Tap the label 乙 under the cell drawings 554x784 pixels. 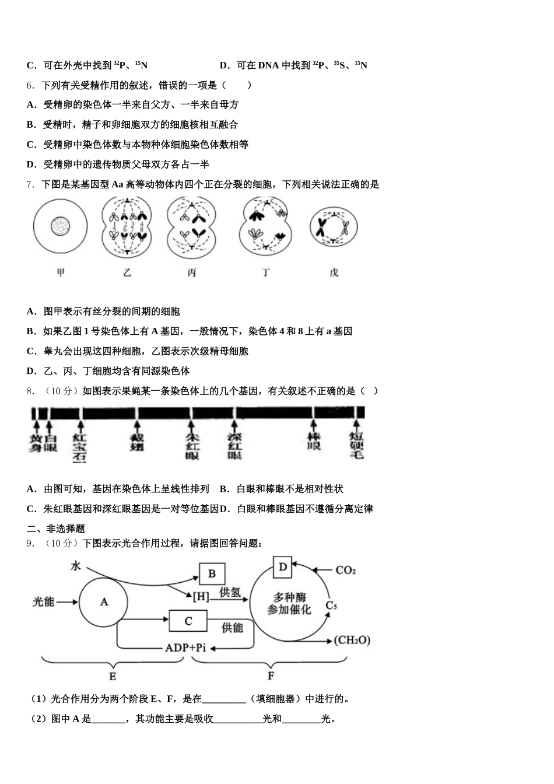pyautogui.click(x=128, y=272)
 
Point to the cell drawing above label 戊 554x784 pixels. pyautogui.click(x=333, y=227)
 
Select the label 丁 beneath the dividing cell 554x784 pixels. pyautogui.click(x=266, y=272)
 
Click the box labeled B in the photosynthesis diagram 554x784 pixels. pyautogui.click(x=212, y=573)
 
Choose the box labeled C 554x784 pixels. pyautogui.click(x=188, y=621)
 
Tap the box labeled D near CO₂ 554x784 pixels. pyautogui.click(x=282, y=566)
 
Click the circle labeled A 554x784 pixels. pyautogui.click(x=104, y=602)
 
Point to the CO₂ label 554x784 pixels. pyautogui.click(x=345, y=570)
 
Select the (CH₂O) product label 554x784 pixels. pyautogui.click(x=352, y=640)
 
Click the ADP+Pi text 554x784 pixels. pyautogui.click(x=185, y=647)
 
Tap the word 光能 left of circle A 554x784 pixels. pyautogui.click(x=43, y=602)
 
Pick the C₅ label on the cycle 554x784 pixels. pyautogui.click(x=331, y=605)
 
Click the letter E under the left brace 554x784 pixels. pyautogui.click(x=113, y=677)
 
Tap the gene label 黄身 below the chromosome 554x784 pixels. pyautogui.click(x=36, y=443)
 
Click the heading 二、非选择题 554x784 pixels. pyautogui.click(x=56, y=528)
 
